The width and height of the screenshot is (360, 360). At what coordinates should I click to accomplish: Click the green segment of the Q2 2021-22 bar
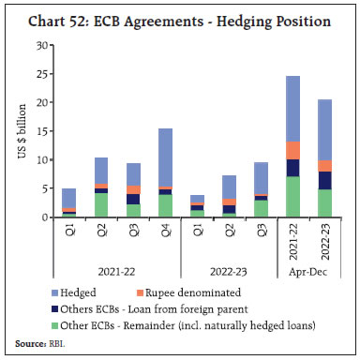coord(101,204)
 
